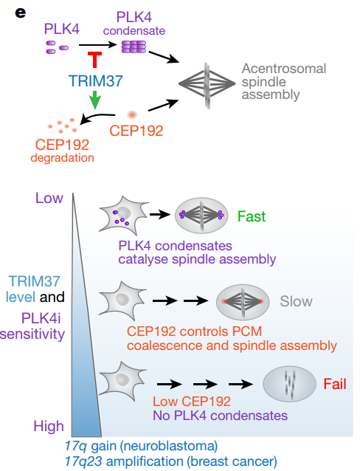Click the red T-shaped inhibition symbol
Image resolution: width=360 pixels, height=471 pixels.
click(x=94, y=61)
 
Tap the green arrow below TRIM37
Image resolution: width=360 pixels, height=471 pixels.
click(x=95, y=100)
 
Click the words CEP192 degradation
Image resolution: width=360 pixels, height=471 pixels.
click(x=62, y=150)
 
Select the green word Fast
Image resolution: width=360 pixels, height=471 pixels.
click(x=252, y=216)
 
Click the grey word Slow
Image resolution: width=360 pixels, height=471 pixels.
click(x=296, y=301)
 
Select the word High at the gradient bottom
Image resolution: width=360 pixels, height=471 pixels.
click(x=49, y=425)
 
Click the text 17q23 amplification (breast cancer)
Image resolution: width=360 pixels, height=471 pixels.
click(x=171, y=461)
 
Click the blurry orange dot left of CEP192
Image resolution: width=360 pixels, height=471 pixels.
click(x=133, y=114)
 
